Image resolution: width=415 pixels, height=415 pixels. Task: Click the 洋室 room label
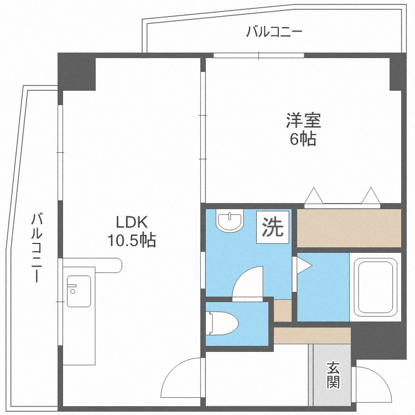point(303,120)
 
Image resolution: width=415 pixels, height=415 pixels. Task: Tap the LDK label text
point(131,222)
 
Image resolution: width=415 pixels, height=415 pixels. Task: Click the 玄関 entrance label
point(333,374)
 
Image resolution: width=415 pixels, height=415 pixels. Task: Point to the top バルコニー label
point(274,32)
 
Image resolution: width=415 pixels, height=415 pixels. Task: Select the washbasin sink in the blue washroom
point(230,222)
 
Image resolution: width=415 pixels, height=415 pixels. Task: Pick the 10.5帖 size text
point(131,241)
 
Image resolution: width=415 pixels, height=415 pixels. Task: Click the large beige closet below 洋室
point(349,227)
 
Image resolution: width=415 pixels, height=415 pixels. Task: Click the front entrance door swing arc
point(373,384)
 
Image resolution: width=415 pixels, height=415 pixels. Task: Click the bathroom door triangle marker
point(304,266)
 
